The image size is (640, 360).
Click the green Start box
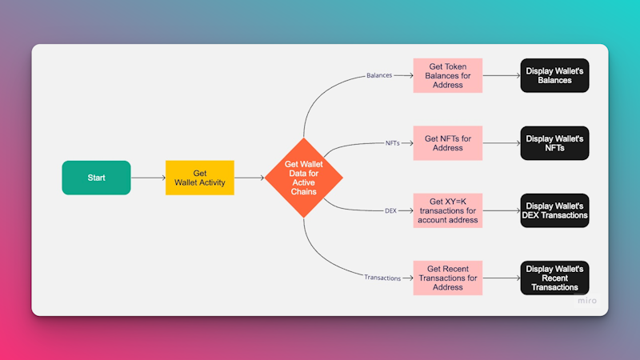coord(96,178)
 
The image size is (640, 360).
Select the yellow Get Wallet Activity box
coord(199,178)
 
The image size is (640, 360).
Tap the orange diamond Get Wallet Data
coord(304,178)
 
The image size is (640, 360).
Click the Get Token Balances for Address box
coord(448,75)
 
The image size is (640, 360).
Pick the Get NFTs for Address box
coord(448,143)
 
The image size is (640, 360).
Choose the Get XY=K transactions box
coord(448,210)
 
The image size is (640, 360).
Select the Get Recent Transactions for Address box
coord(448,278)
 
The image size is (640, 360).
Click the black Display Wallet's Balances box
coord(554,75)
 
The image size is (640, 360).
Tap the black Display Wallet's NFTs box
coord(554,143)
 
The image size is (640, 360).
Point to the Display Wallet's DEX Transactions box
coord(554,210)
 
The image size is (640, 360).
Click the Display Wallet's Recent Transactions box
coord(554,278)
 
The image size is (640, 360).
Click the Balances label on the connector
coord(379,75)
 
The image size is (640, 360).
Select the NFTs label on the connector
coord(393,143)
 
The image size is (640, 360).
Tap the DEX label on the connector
coord(390,210)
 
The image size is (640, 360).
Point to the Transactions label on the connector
coord(382,278)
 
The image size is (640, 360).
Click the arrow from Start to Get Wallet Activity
coord(148,178)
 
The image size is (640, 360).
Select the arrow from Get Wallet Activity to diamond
coord(250,178)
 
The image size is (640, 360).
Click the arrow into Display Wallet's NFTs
coord(502,143)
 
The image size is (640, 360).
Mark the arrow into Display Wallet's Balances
coord(502,75)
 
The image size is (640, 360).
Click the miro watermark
coord(587,301)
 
